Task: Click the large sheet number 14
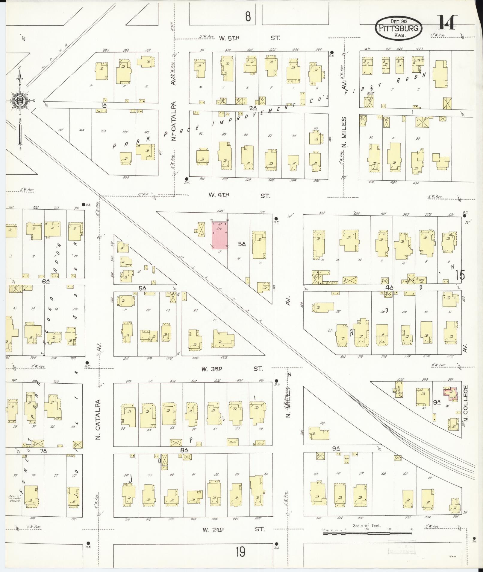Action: click(x=448, y=22)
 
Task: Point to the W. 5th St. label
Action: click(x=249, y=38)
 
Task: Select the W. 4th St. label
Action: click(x=240, y=196)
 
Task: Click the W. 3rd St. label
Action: click(x=232, y=369)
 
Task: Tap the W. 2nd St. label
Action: click(x=234, y=529)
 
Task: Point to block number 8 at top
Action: click(x=248, y=17)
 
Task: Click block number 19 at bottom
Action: click(x=240, y=552)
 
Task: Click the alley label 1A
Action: click(x=104, y=105)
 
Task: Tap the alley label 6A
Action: click(x=46, y=281)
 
